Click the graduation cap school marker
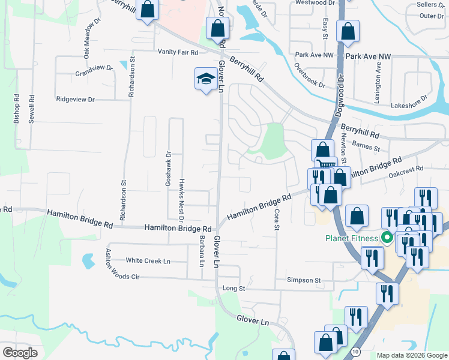click(205, 79)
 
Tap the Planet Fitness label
click(352, 238)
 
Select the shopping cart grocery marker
click(325, 164)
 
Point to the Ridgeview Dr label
click(75, 99)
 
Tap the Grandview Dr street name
click(94, 72)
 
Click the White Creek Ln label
click(148, 261)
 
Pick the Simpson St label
click(304, 280)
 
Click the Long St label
click(234, 289)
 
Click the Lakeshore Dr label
click(408, 100)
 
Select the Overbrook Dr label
click(310, 76)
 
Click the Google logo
click(20, 353)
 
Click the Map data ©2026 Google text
click(411, 355)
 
